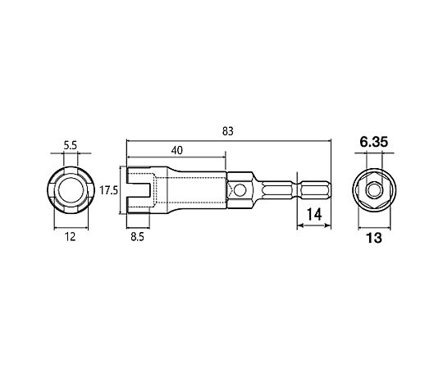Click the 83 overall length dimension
[x=228, y=131]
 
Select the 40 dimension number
[x=177, y=150]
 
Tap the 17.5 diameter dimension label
[x=108, y=190]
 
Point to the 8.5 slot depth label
[x=137, y=237]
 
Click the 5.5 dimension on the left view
[x=70, y=145]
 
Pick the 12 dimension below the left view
[x=71, y=237]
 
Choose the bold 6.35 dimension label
[x=374, y=142]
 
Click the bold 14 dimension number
[x=314, y=215]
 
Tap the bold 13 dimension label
[x=374, y=238]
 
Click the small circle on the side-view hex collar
[x=240, y=190]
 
